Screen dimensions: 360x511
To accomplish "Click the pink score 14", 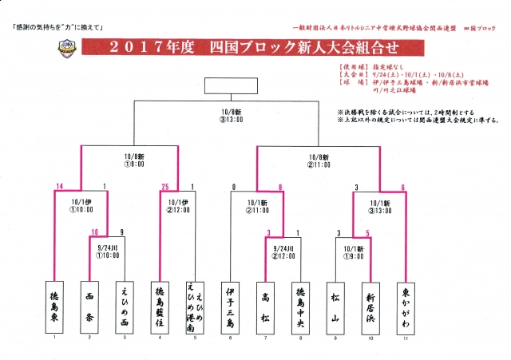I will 60,187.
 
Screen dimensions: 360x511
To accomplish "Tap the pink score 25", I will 165,187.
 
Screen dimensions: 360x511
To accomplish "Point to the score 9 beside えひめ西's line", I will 121,233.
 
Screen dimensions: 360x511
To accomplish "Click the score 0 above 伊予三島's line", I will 233,187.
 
